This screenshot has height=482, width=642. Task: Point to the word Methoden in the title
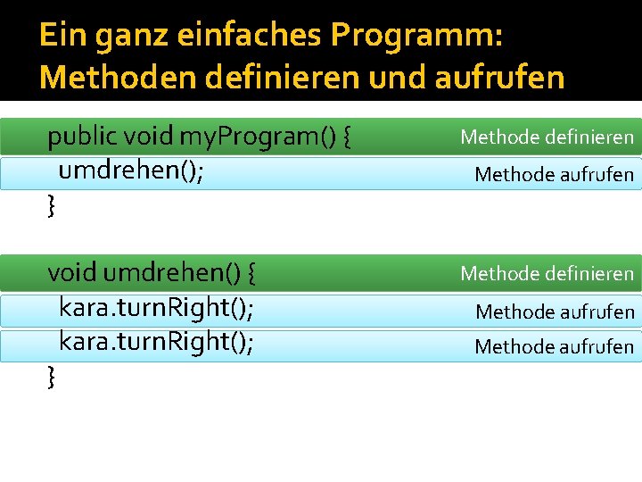pyautogui.click(x=118, y=78)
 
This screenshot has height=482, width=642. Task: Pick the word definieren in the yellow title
pyautogui.click(x=275, y=78)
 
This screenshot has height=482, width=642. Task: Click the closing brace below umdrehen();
pyautogui.click(x=51, y=207)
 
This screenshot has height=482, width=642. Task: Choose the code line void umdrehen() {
pyautogui.click(x=153, y=271)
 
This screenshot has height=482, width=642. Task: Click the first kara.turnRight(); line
pyautogui.click(x=156, y=308)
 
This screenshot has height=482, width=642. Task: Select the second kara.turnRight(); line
pyautogui.click(x=156, y=343)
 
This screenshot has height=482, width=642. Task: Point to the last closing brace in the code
pyautogui.click(x=51, y=378)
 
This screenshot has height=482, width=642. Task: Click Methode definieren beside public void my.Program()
pyautogui.click(x=547, y=137)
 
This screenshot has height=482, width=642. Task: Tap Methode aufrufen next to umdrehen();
pyautogui.click(x=554, y=174)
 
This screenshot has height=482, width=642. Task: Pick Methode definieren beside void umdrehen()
pyautogui.click(x=547, y=273)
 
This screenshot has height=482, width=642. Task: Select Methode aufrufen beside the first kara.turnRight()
pyautogui.click(x=554, y=312)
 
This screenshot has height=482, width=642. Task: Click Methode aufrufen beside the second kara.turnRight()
pyautogui.click(x=554, y=346)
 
